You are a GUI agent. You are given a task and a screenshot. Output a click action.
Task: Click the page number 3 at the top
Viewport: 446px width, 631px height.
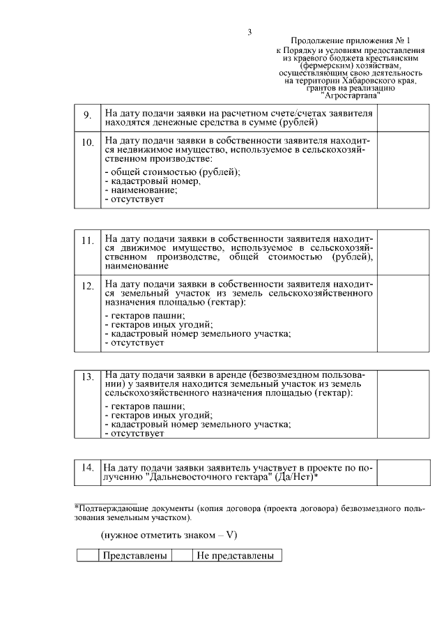(x=249, y=31)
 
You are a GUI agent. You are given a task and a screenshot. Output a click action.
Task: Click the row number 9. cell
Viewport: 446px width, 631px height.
(x=88, y=116)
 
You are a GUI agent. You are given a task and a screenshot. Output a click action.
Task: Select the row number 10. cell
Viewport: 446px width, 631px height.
(x=88, y=143)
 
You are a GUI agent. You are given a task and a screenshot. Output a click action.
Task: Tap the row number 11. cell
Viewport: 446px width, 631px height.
(x=88, y=241)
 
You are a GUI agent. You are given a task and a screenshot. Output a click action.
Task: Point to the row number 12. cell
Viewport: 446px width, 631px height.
(x=88, y=286)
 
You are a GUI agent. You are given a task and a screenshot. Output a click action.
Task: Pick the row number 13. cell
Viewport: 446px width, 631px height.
(x=88, y=377)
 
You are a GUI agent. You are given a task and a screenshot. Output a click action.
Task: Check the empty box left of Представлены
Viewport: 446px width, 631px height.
(x=89, y=556)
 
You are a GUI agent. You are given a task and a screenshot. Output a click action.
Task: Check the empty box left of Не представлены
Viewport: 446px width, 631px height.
(x=182, y=556)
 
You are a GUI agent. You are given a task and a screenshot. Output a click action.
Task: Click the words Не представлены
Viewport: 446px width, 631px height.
(x=236, y=556)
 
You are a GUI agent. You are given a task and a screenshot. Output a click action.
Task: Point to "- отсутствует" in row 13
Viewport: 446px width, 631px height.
(x=134, y=434)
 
